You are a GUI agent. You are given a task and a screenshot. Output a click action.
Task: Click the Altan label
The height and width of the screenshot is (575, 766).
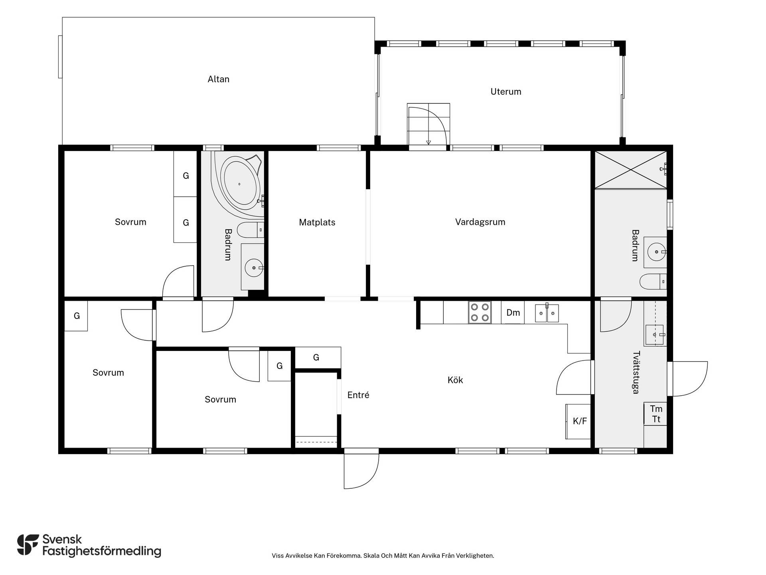pos(218,79)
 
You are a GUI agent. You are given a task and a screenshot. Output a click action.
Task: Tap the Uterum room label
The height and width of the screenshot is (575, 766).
pos(505,91)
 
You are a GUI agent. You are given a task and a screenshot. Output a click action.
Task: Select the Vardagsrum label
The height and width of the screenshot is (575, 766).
pos(480,222)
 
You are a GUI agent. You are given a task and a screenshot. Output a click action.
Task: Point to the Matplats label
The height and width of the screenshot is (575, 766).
pos(317,222)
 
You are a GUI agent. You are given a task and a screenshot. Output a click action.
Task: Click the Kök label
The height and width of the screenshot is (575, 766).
pos(455,380)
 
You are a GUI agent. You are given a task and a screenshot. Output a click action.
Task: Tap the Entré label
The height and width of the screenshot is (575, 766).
pos(358,395)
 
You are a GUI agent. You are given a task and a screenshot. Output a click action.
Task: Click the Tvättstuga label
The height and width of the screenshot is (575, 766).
pos(636,372)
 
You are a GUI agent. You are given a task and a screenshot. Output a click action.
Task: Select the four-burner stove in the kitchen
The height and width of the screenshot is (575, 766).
pos(480,312)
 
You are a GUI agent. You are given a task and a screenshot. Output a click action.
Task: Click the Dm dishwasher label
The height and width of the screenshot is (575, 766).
pos(513,313)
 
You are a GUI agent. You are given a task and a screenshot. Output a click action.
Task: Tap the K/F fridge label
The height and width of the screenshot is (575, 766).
pos(580,421)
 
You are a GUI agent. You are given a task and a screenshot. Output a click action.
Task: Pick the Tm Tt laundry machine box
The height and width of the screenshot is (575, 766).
pos(655,414)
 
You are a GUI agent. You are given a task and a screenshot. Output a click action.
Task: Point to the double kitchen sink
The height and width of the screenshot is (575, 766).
pos(547,313)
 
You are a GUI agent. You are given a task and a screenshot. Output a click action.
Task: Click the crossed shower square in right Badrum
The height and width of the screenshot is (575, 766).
pos(631,169)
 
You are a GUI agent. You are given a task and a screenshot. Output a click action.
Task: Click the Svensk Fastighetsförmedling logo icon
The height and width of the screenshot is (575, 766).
pos(28,545)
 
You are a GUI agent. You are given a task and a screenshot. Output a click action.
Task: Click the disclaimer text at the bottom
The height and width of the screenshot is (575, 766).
pos(383,555)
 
